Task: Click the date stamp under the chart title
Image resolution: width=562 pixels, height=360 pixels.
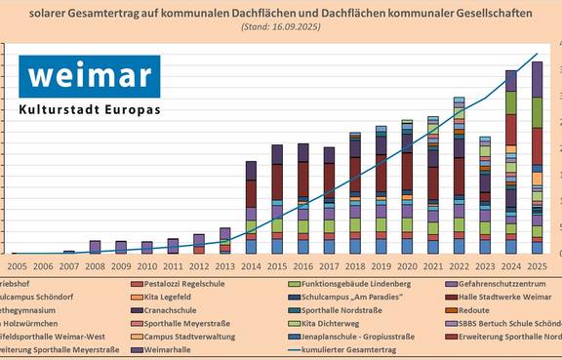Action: (x=280, y=26)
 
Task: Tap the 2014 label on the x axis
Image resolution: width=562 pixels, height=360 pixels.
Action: (x=251, y=264)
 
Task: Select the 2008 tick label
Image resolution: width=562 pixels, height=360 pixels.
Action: (x=95, y=264)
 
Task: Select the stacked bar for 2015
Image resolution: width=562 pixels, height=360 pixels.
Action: (x=277, y=199)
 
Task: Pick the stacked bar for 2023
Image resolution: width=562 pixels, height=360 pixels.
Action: (x=485, y=195)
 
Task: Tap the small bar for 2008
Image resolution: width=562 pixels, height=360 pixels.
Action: (x=95, y=247)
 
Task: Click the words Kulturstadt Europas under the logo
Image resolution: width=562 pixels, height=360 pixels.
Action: (x=89, y=111)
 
